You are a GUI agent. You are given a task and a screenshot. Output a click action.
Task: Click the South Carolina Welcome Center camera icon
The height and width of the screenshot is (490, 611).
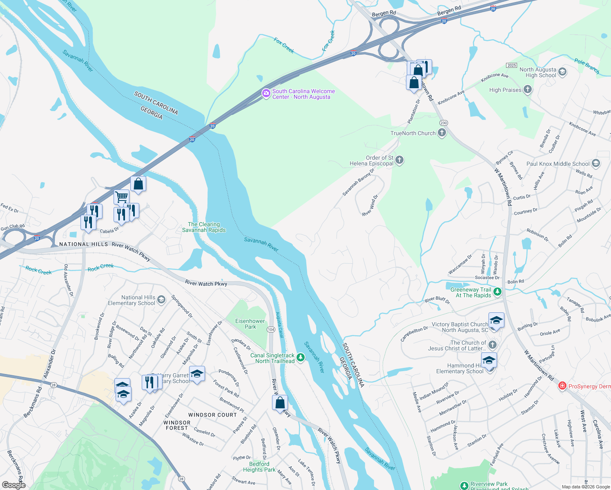click(x=266, y=94)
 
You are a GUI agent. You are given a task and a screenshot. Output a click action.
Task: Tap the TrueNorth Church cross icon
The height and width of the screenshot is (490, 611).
click(x=442, y=133)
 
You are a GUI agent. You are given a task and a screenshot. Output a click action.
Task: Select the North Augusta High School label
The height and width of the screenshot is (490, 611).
click(x=537, y=73)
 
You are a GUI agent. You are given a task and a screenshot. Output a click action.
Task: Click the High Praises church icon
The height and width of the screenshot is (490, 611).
click(x=528, y=89)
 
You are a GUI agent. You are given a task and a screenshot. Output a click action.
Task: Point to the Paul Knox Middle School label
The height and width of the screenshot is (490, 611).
click(x=558, y=164)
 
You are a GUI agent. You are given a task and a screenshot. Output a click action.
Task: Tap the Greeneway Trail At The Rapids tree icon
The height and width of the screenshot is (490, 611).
click(x=497, y=292)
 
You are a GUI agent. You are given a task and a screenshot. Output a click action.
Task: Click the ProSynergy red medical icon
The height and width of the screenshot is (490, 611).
click(x=562, y=386)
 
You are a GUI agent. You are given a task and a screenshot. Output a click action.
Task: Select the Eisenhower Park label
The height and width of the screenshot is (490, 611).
click(x=250, y=324)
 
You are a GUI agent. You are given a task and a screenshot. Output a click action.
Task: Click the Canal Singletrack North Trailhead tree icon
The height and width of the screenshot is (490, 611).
click(x=301, y=357)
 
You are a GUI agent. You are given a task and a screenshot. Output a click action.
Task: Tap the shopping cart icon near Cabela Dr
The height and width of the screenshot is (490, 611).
click(x=121, y=197)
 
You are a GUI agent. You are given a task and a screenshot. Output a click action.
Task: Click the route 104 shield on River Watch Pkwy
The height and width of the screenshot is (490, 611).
click(x=271, y=329)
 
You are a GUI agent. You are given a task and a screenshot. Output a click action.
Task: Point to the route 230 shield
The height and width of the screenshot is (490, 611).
click(x=444, y=123)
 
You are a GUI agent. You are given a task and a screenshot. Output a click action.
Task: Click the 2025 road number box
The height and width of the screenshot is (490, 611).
click(x=511, y=65)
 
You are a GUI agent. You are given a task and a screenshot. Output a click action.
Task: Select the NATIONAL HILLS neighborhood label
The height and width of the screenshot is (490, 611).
click(x=84, y=244)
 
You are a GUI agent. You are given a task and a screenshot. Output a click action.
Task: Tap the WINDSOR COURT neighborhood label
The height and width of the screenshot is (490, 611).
click(x=212, y=415)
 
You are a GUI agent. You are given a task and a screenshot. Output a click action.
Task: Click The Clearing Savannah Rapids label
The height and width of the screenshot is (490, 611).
click(x=204, y=227)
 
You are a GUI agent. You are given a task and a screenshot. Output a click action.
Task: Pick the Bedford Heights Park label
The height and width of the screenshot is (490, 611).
click(x=259, y=467)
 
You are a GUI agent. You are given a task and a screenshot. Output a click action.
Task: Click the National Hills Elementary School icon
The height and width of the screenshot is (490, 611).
click(x=161, y=300)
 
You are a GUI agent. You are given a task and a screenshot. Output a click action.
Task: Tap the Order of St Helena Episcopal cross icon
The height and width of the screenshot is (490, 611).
click(x=399, y=160)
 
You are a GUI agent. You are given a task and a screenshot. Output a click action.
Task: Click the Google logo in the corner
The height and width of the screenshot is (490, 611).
click(x=13, y=485)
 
